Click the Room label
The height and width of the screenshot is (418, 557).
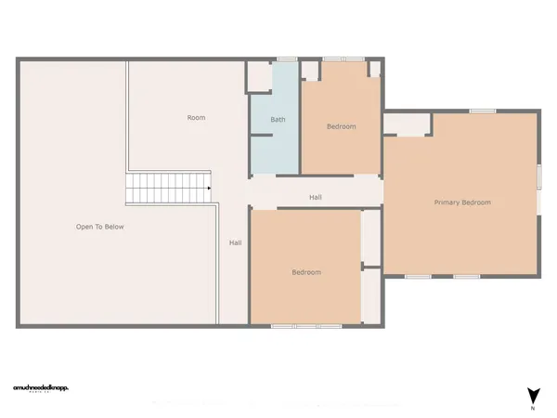pos(196,118)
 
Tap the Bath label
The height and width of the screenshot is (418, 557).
pos(278,120)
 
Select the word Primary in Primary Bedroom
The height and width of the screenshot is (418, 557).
pos(448,202)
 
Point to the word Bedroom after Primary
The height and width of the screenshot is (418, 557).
pos(477,202)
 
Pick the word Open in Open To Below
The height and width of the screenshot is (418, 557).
pos(85,227)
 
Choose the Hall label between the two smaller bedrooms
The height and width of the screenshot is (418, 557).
pos(316,197)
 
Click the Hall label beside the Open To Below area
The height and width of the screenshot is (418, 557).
pos(236,242)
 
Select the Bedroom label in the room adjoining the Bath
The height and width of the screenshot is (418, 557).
pos(341,126)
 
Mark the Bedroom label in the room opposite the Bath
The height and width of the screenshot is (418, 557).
pos(306,272)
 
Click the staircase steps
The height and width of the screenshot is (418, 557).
pos(167,189)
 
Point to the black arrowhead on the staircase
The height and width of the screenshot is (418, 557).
pos(210,189)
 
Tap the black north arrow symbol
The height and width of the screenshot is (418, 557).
pos(533,394)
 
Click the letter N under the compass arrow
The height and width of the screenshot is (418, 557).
pos(533,409)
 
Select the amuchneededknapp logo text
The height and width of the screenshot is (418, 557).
pos(41,387)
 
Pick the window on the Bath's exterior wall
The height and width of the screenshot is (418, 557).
pos(286,60)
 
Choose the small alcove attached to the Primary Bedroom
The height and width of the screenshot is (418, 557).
pos(407,124)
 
